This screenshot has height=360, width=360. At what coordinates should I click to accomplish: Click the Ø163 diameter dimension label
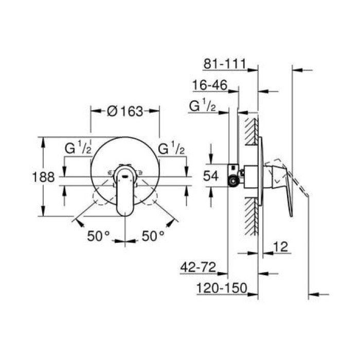(125, 111)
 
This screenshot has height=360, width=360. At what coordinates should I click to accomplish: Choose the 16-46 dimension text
(209, 85)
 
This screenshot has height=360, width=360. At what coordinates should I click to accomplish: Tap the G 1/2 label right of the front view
(171, 150)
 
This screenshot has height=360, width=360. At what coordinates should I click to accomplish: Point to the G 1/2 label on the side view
(202, 106)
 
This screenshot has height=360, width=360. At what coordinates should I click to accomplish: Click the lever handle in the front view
(125, 193)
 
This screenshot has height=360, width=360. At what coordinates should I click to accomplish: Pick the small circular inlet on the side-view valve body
(235, 181)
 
